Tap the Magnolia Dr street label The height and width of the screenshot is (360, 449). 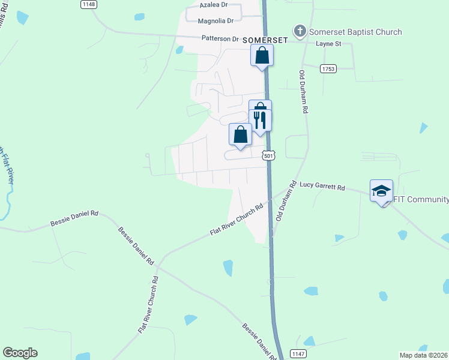215,21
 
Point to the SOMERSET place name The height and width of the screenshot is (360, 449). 265,40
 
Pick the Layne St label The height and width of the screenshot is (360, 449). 328,44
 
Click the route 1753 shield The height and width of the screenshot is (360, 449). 328,69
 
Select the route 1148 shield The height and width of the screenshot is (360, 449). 88,4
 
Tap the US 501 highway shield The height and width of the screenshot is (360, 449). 269,155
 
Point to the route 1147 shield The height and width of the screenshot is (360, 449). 298,353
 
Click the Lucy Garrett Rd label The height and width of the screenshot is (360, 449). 322,188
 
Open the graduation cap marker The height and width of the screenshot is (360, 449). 381,191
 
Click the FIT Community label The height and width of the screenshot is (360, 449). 421,199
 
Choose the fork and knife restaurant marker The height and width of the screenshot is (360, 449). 261,119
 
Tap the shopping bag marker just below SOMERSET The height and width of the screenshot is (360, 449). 262,55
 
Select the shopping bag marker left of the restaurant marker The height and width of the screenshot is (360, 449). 241,134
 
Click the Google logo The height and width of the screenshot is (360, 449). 20,353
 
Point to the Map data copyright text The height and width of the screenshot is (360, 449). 424,355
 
